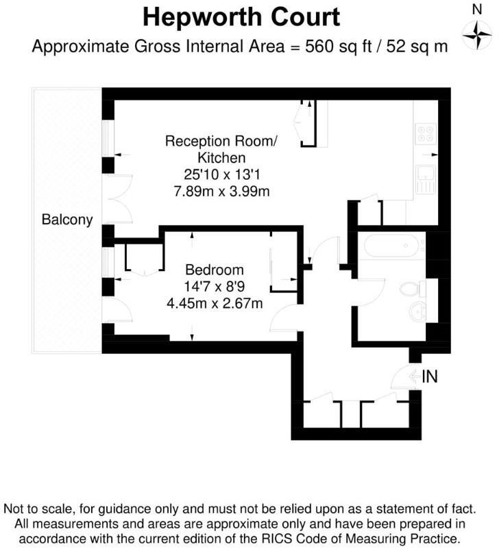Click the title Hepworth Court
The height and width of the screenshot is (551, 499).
(x=241, y=16)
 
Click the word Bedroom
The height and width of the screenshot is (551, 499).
(x=214, y=269)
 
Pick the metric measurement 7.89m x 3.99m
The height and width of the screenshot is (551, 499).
(x=221, y=191)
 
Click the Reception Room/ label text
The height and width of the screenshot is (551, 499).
(x=221, y=142)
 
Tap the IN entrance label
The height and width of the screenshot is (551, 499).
(x=430, y=376)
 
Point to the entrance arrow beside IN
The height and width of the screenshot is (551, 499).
(x=413, y=376)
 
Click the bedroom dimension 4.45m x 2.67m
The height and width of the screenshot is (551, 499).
(x=214, y=302)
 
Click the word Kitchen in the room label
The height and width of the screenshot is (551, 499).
(x=221, y=158)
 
